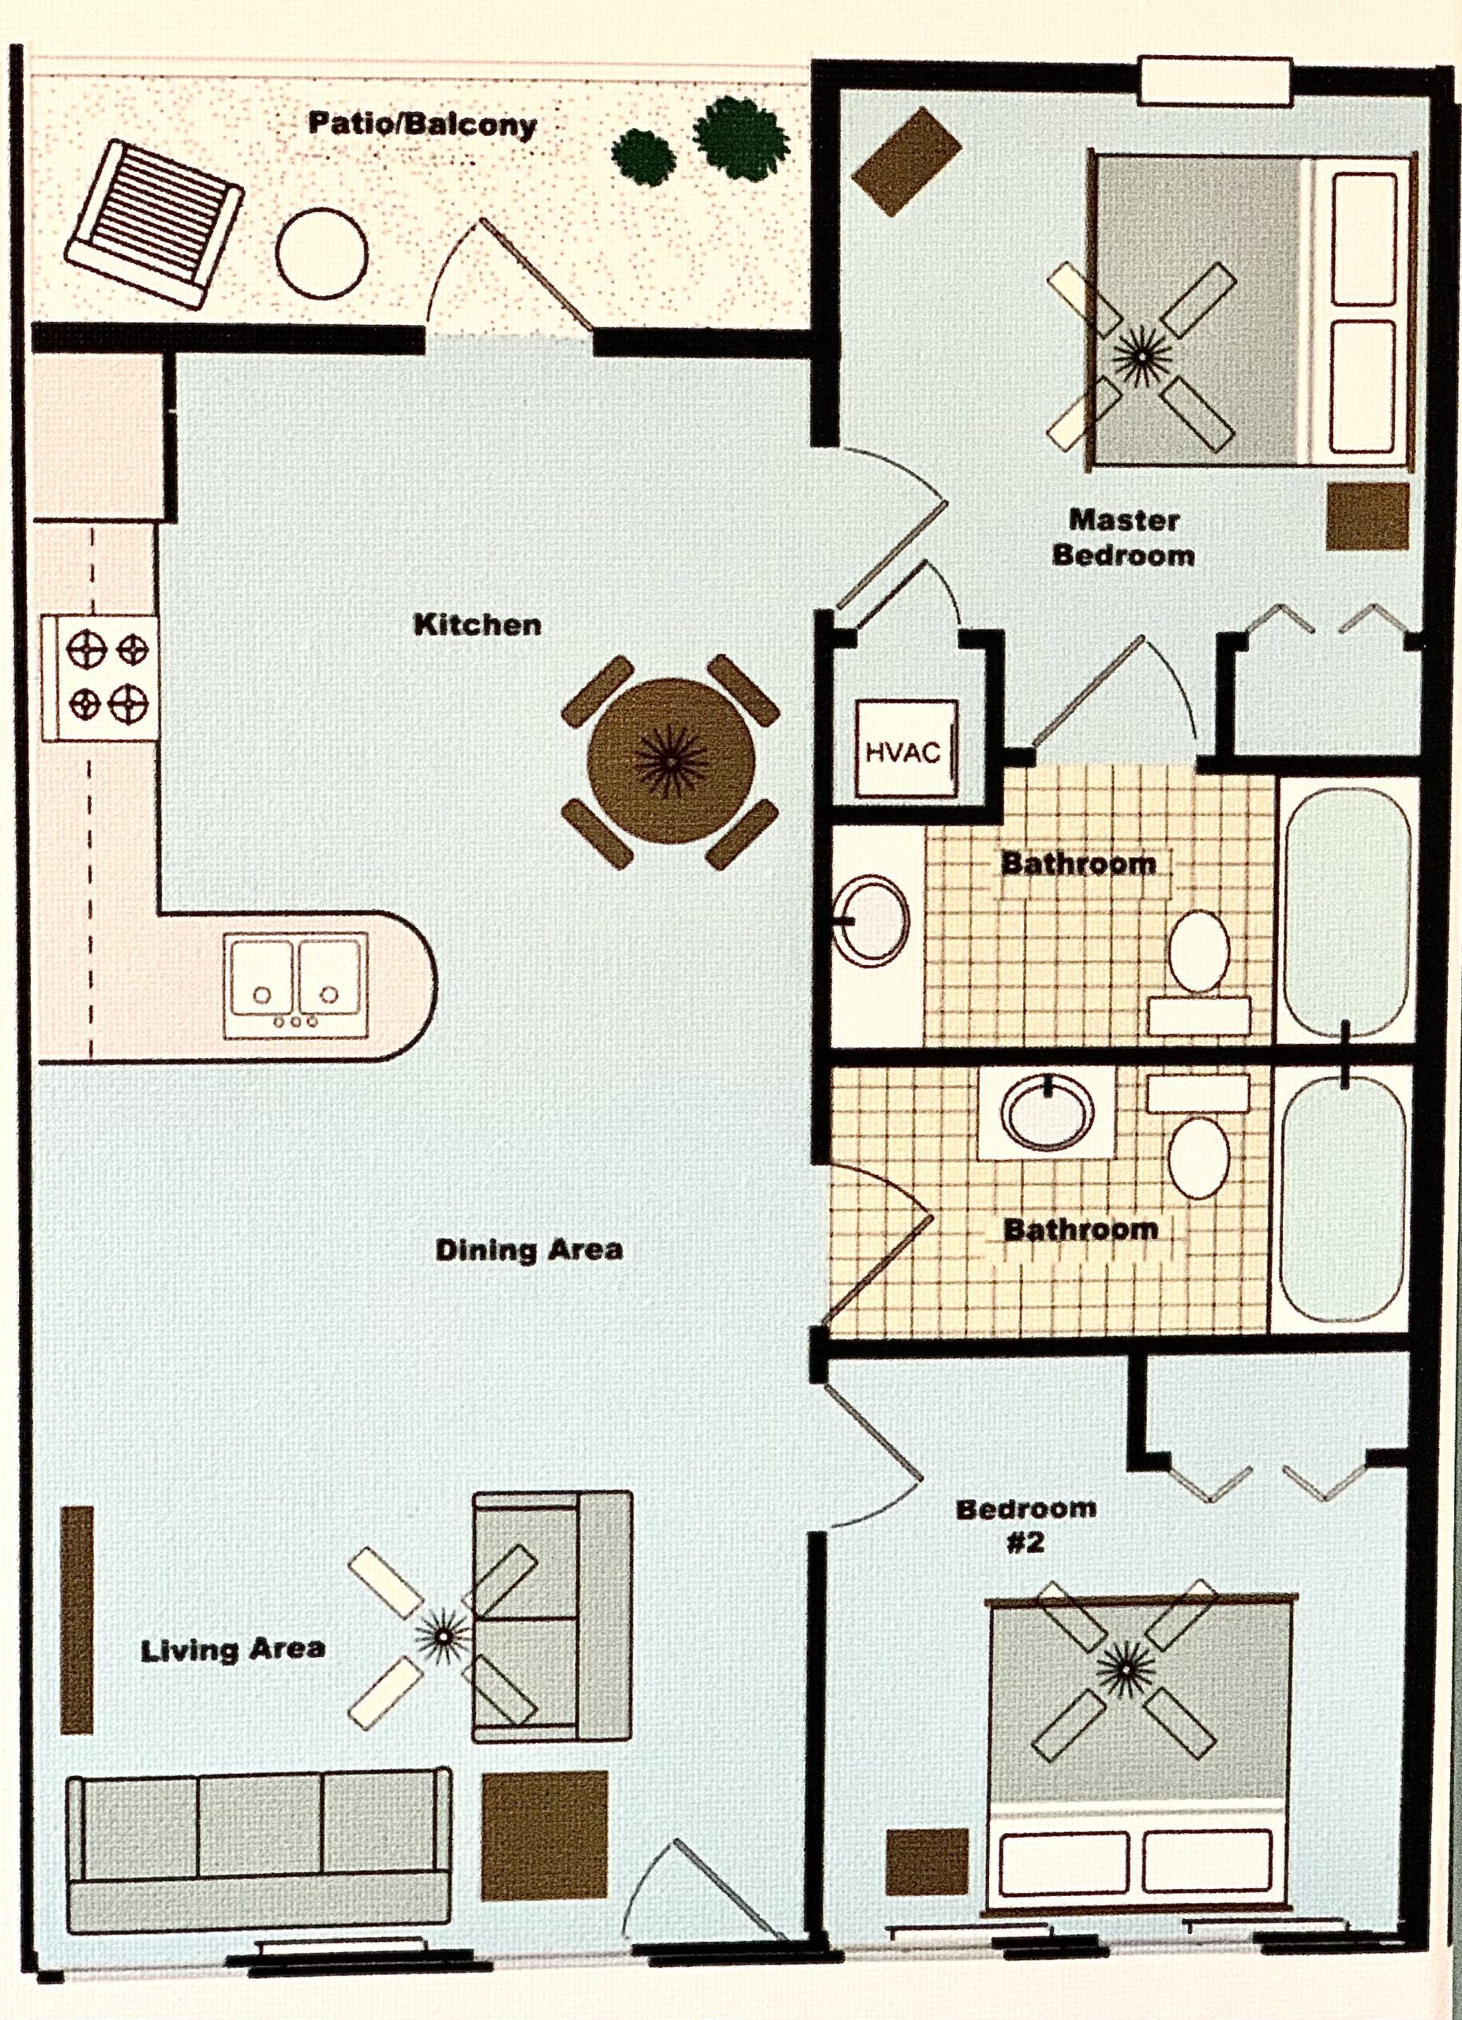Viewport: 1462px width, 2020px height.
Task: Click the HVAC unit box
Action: click(x=905, y=749)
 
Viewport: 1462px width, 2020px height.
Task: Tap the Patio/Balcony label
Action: click(x=422, y=124)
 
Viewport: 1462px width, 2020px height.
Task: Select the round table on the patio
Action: click(x=321, y=253)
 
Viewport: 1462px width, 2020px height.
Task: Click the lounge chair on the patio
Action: click(x=154, y=223)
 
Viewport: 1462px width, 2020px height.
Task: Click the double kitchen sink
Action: click(x=296, y=984)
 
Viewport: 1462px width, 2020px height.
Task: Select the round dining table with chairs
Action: click(x=671, y=761)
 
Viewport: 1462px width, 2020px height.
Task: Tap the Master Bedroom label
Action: click(x=1123, y=537)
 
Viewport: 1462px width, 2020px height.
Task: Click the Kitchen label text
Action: click(x=478, y=624)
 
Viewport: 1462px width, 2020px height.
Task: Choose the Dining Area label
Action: click(x=528, y=1250)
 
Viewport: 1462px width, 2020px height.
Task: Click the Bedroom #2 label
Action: click(x=1025, y=1524)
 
